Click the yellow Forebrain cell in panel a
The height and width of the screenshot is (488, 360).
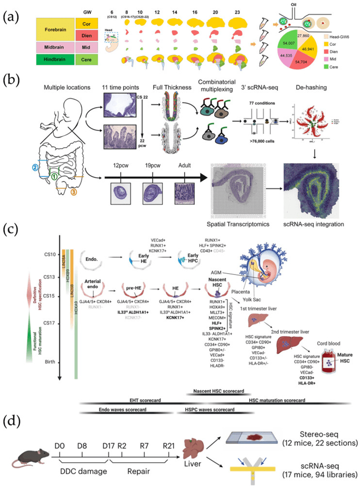[x=56, y=31]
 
